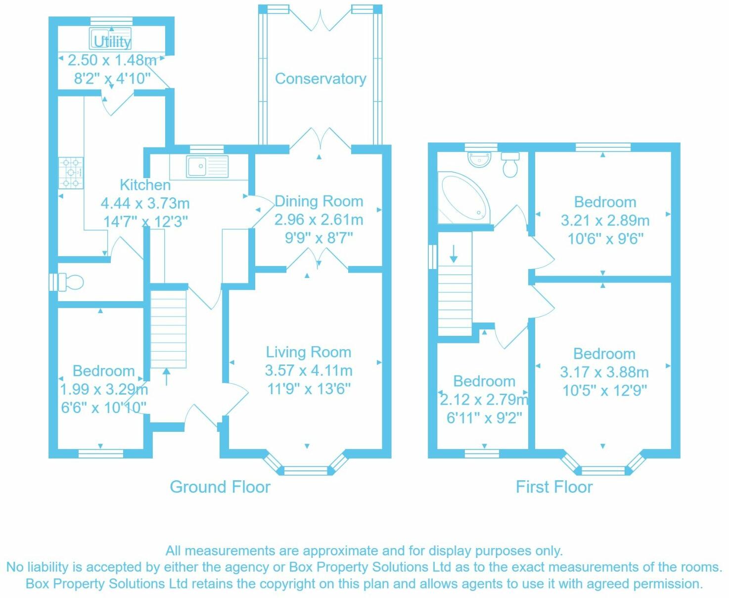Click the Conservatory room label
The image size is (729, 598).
coord(320,79)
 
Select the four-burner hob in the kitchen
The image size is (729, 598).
coord(71,173)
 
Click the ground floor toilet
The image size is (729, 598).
coord(70,282)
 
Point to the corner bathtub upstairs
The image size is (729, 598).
coord(463,198)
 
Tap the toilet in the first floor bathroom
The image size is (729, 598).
coord(510,165)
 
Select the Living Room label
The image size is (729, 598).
coord(309,352)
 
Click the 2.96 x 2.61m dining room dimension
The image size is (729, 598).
coord(319,220)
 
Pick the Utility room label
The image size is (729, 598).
coord(112,42)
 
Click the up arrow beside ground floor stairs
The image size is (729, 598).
coord(166,376)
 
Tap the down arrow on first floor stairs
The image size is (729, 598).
coord(454,254)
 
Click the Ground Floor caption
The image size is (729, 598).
coord(220,487)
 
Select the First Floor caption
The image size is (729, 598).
coord(554,487)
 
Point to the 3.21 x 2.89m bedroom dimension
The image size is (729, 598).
coord(605,221)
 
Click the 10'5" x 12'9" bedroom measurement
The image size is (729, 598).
coord(604,391)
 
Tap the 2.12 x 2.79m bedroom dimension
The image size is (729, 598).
coord(484,400)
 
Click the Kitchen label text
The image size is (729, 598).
coord(145,185)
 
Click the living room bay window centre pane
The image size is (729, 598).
coord(307,470)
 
